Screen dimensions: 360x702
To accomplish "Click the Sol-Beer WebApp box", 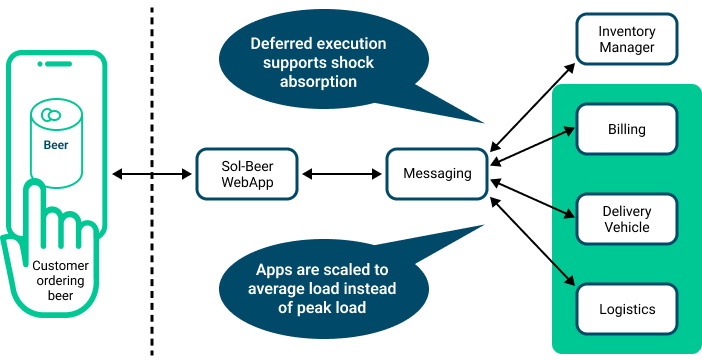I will coord(247,174).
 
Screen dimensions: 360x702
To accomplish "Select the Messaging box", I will coord(437,174).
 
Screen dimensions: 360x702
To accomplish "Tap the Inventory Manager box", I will coord(627,39).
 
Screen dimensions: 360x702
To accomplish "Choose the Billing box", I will coord(627,129).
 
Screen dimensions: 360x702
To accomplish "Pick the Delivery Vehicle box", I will coord(627,219).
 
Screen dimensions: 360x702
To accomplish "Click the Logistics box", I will coord(627,309).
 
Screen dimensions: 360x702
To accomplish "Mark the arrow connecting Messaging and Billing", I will coord(533,146).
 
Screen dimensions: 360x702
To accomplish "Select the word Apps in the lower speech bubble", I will coord(276,270).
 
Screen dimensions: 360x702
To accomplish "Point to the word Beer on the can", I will coord(56,144).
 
